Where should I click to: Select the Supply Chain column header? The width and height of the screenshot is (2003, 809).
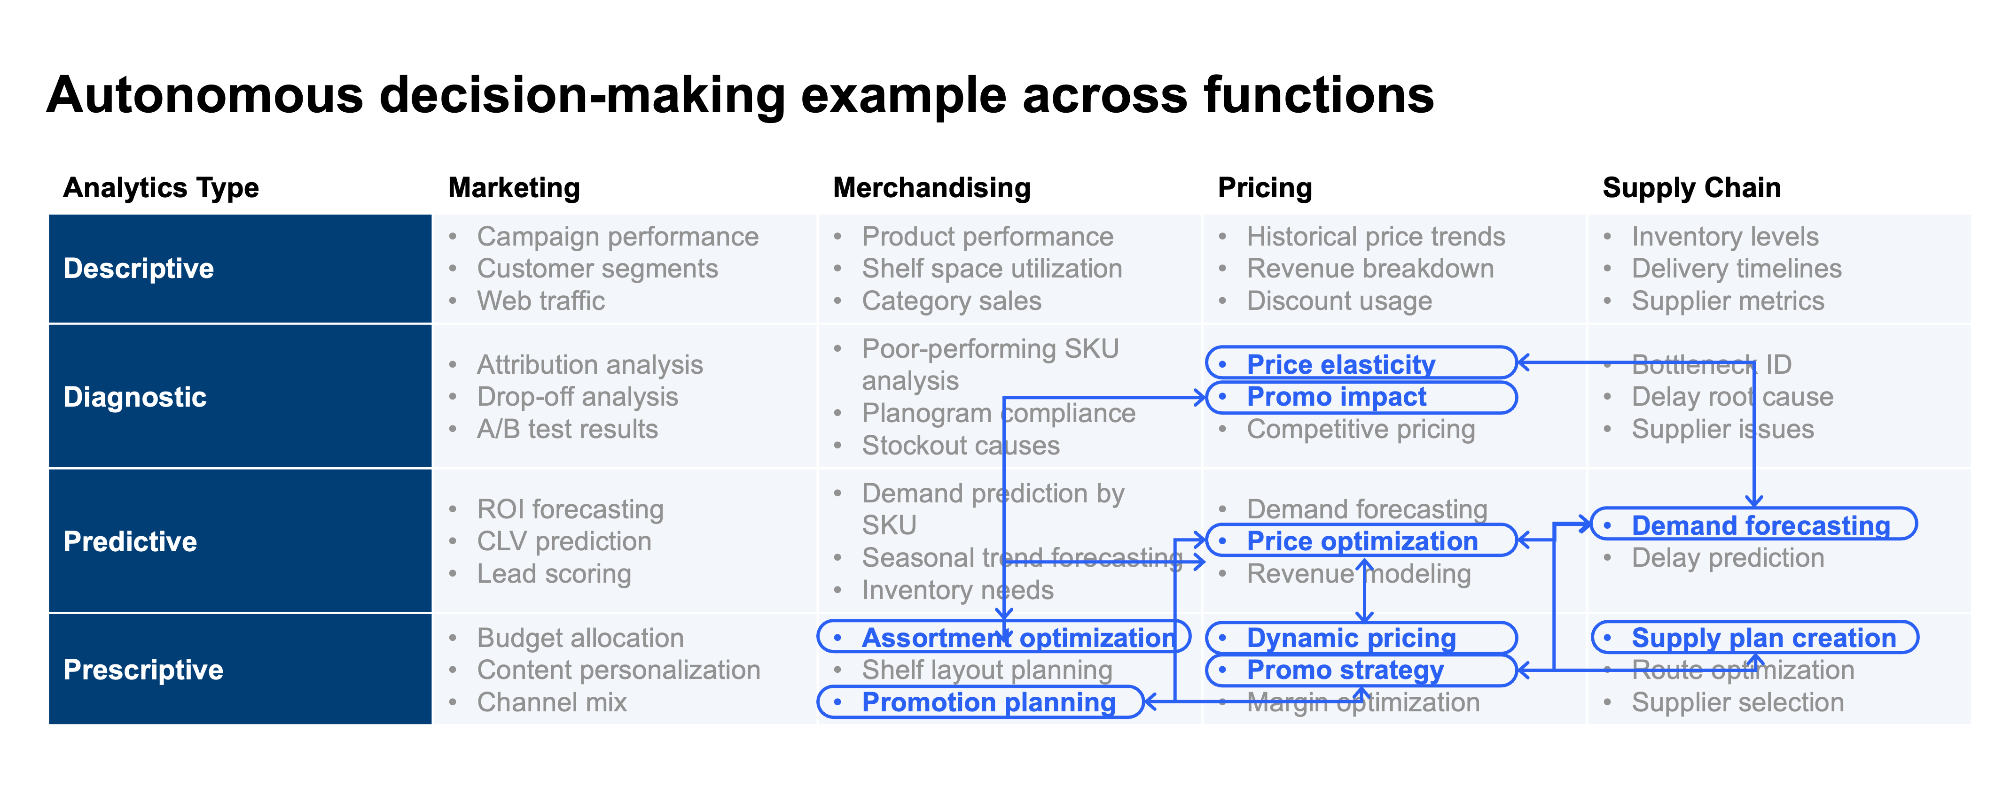1691,188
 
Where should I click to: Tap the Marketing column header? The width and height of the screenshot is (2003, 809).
514,188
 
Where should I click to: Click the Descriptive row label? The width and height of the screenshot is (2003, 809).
139,268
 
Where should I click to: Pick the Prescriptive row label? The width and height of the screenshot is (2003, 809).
143,670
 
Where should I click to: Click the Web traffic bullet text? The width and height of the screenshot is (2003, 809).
540,301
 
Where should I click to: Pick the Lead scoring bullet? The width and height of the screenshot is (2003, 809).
554,573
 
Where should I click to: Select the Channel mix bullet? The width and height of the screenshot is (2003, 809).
551,702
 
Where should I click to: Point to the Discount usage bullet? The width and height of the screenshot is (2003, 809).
1339,301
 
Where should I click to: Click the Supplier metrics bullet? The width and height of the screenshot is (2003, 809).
1727,301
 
